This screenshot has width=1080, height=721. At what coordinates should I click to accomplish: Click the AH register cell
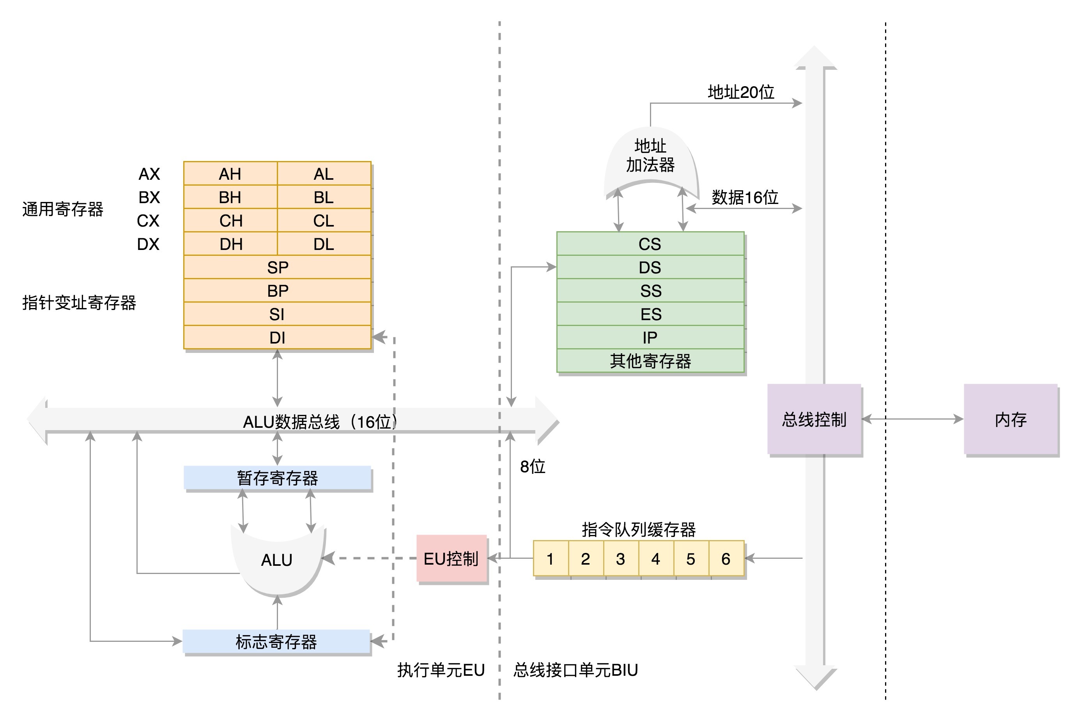coord(230,174)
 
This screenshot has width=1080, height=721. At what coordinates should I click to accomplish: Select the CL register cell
coord(324,221)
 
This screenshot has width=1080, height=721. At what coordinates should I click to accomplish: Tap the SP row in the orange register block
coord(277,267)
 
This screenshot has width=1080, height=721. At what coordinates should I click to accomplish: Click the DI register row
coord(277,338)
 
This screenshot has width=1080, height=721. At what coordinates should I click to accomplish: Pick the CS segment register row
coord(650,244)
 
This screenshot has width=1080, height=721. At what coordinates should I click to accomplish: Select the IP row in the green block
coord(650,338)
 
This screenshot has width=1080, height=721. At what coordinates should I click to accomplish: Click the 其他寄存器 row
coord(650,361)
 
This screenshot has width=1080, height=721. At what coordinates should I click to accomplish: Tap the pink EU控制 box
coord(451,559)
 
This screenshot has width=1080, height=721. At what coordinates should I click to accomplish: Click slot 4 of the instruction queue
coord(656,559)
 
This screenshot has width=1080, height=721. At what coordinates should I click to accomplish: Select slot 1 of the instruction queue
coord(551,559)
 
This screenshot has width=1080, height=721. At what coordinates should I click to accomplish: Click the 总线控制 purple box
coord(814,419)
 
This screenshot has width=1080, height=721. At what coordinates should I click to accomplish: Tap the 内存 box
coord(1011,419)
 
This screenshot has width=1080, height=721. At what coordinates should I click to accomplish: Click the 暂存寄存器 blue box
coord(277,478)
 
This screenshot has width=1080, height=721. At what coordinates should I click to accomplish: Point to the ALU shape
coord(277,560)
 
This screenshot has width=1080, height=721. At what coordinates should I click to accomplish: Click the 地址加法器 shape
coord(650,156)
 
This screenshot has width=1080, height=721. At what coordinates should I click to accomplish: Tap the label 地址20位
coord(741,92)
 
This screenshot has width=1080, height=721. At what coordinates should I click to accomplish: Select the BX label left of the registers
coord(149,197)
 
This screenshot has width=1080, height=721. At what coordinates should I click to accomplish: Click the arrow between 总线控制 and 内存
coord(912,419)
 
